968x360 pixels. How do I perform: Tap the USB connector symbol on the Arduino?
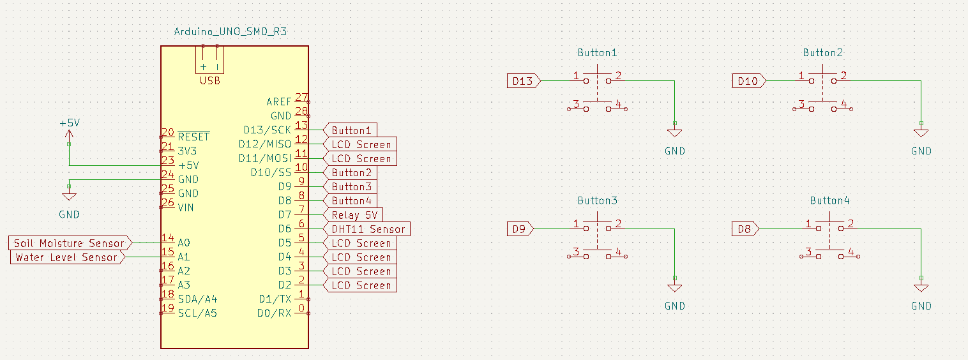click(x=210, y=61)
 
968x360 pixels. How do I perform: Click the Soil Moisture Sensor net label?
click(x=70, y=243)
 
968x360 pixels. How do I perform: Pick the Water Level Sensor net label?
click(x=66, y=257)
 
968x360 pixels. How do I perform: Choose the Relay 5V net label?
click(x=354, y=215)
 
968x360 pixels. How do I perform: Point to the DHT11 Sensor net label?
click(x=368, y=229)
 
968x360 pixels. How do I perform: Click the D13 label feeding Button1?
click(x=523, y=81)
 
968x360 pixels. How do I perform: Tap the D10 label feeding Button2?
click(x=748, y=81)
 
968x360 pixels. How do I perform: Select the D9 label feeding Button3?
click(x=520, y=229)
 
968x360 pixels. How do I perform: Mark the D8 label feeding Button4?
click(x=745, y=229)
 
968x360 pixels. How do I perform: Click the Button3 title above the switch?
click(x=598, y=200)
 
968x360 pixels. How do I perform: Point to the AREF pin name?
click(x=278, y=101)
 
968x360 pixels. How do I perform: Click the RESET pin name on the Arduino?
click(x=193, y=137)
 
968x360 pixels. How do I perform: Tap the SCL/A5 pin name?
click(x=197, y=313)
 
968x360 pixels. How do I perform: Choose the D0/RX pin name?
click(x=274, y=313)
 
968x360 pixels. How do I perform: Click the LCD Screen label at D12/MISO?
click(x=361, y=144)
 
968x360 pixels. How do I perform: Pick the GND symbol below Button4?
click(x=921, y=289)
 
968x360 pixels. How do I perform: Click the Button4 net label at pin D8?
click(x=351, y=201)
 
